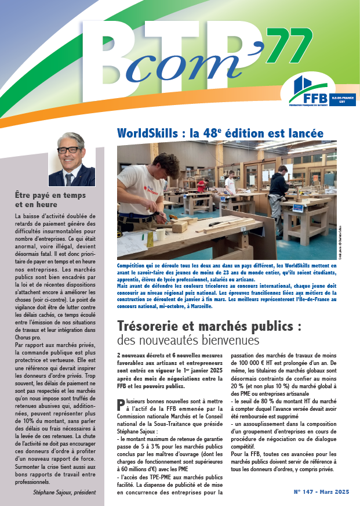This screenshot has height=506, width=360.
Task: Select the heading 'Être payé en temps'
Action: click(50, 196)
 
